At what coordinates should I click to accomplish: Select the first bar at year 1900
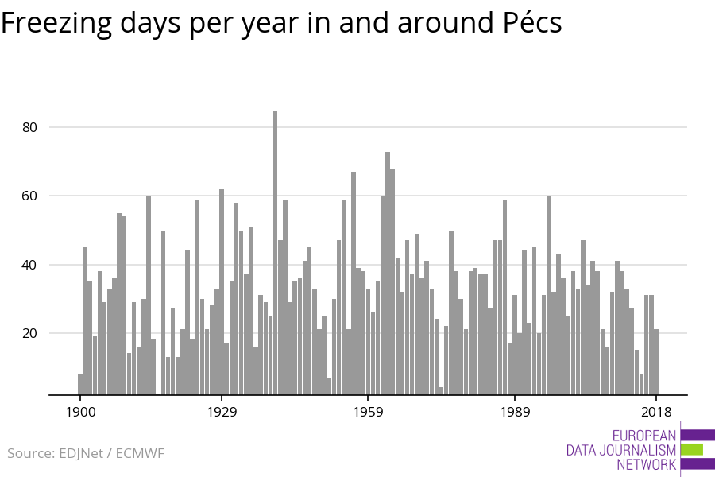click(x=80, y=384)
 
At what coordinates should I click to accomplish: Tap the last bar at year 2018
click(x=656, y=362)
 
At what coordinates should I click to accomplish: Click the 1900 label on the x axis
click(x=80, y=412)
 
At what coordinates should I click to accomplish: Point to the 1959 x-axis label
click(x=368, y=412)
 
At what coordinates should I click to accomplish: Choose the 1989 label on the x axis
click(x=514, y=412)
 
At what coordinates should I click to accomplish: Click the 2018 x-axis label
click(x=656, y=412)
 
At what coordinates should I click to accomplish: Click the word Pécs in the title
click(x=528, y=23)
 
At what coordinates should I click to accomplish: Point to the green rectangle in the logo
click(x=692, y=449)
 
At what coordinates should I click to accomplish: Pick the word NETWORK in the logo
click(x=647, y=464)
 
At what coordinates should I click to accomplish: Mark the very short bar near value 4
click(x=442, y=390)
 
